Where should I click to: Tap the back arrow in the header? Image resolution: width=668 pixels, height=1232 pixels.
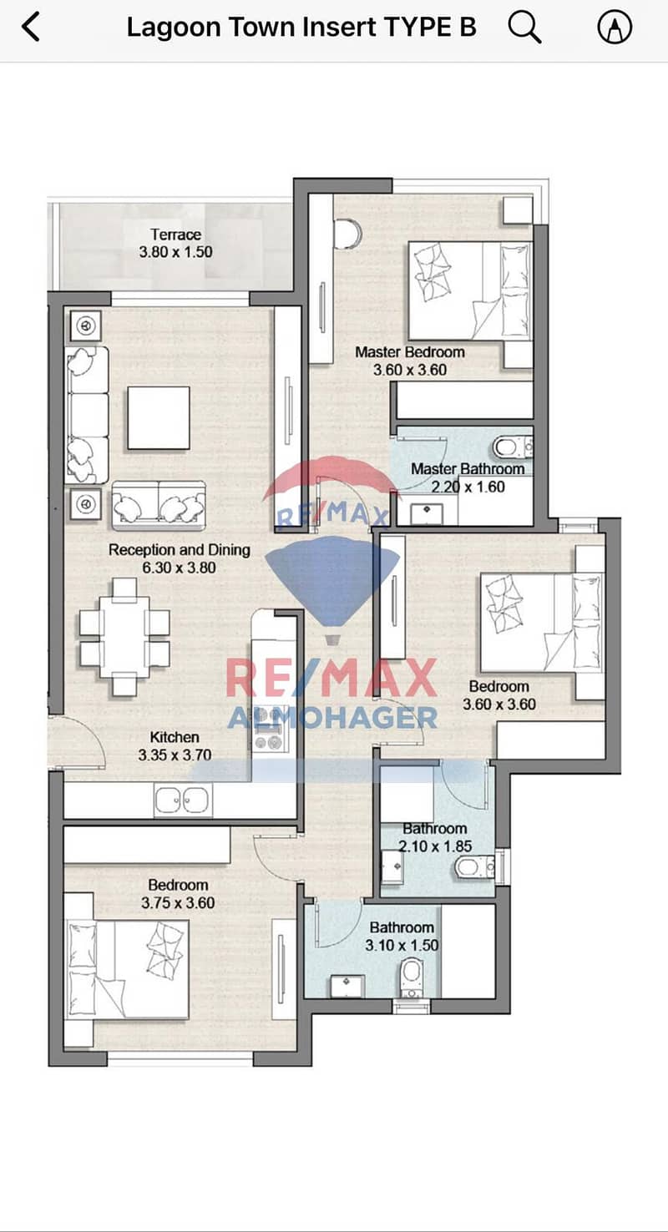[31, 27]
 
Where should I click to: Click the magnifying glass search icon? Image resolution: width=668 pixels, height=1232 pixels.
[524, 28]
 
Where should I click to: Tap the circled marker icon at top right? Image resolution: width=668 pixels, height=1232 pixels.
[615, 27]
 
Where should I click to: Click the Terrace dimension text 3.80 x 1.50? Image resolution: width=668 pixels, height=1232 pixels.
[175, 252]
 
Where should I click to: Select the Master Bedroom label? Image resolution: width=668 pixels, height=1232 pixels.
[410, 352]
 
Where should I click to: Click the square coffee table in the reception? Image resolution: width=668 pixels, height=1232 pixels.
[159, 418]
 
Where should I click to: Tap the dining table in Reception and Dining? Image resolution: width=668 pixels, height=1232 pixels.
[124, 638]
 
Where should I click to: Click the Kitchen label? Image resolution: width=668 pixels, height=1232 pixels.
[175, 737]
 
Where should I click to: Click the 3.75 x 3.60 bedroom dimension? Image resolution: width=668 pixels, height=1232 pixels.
[178, 902]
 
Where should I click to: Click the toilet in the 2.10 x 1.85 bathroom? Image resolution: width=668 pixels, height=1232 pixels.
[475, 867]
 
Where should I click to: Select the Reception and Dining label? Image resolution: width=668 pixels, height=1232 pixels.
[180, 550]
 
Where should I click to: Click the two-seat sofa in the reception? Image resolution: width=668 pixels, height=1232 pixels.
[159, 506]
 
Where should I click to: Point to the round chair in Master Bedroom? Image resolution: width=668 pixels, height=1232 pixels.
[347, 234]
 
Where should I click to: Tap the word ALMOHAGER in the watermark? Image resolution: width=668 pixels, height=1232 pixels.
[332, 718]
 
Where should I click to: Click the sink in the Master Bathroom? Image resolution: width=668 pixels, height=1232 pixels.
[427, 510]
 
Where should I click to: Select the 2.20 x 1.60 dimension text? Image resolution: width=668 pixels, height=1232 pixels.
[468, 487]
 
